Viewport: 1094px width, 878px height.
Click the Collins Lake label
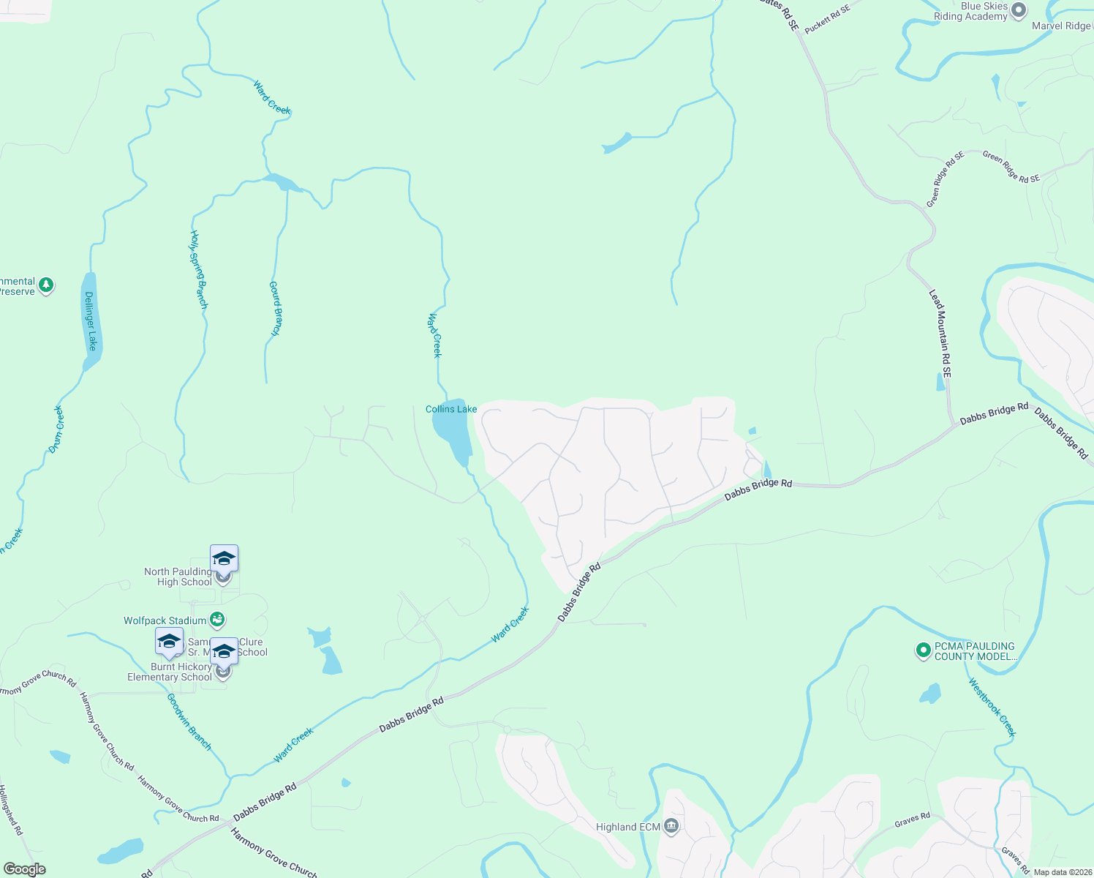tap(451, 409)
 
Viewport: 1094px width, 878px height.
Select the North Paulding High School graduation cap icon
tap(224, 559)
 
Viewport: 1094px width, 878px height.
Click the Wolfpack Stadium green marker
tap(217, 620)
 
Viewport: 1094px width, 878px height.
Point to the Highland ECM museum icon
tap(671, 827)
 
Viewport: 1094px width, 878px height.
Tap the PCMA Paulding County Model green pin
tap(924, 650)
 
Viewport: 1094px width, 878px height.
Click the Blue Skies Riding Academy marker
tap(1018, 11)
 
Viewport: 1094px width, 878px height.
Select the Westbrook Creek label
tap(992, 708)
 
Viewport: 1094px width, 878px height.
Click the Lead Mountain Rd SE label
tap(941, 334)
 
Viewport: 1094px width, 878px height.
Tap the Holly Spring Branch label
tap(199, 269)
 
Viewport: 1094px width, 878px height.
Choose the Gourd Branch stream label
tap(275, 308)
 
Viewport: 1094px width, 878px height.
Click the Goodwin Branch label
tap(189, 721)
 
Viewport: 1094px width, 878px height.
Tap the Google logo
tap(24, 869)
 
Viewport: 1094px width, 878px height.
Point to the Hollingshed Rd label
tap(11, 810)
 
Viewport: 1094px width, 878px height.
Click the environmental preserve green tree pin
tap(46, 285)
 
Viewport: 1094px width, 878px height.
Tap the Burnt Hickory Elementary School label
tap(170, 672)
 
